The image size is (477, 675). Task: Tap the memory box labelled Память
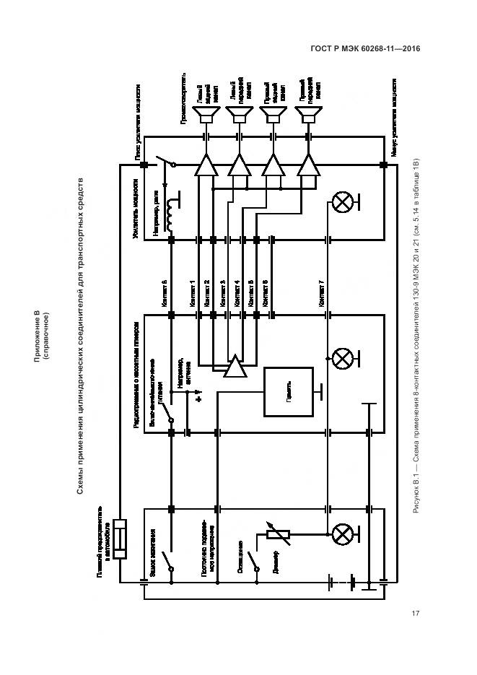coord(288,391)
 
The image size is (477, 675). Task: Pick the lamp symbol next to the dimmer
coord(341,535)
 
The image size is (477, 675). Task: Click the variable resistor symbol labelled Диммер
coord(277,535)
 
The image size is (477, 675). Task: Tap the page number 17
coord(416,614)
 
